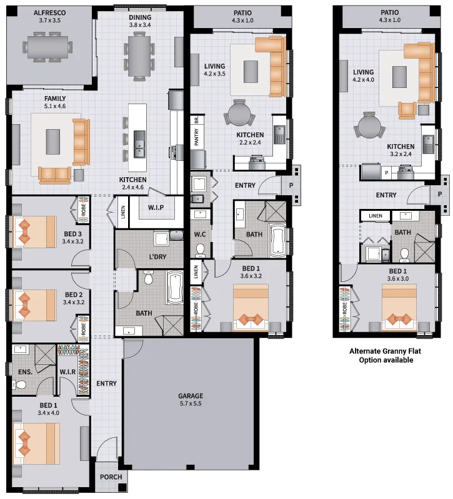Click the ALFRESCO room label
click(50, 12)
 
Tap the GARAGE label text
click(191, 396)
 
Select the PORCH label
click(111, 477)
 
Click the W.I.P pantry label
click(156, 208)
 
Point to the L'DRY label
click(157, 256)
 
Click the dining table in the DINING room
click(139, 56)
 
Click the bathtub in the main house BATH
click(174, 288)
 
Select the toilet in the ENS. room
click(20, 385)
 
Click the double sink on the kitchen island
click(139, 144)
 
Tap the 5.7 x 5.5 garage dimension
click(191, 404)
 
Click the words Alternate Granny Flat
click(385, 351)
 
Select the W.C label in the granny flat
click(200, 235)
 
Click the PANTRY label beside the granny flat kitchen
click(196, 137)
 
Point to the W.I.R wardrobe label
click(67, 372)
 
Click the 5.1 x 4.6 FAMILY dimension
click(55, 106)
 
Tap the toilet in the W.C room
click(200, 250)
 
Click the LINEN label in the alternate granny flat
click(376, 216)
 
